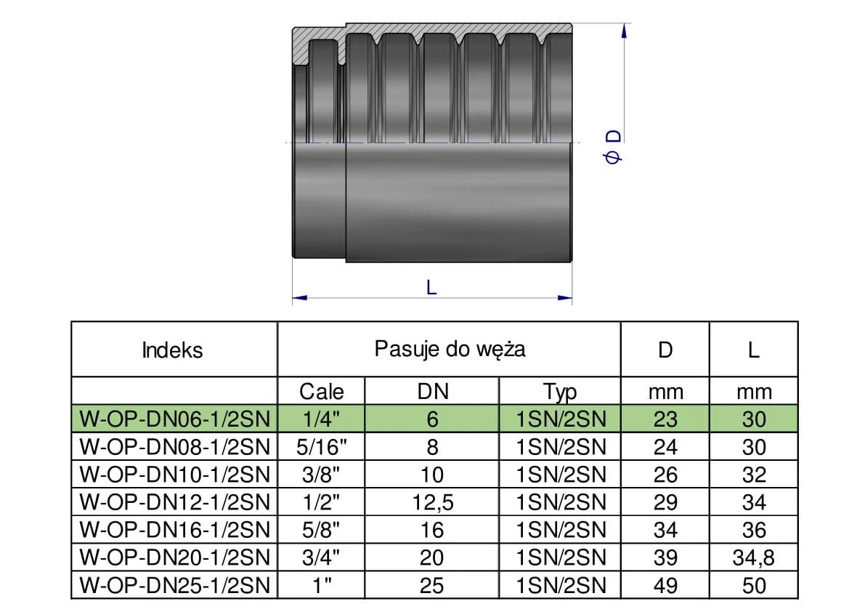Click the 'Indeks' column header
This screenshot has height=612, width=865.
(x=173, y=350)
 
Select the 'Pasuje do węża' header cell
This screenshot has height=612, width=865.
(x=450, y=349)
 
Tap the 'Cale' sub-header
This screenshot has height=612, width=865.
(x=321, y=392)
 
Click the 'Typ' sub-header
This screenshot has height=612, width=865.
(x=559, y=392)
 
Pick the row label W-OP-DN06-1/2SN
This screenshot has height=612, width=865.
(x=174, y=419)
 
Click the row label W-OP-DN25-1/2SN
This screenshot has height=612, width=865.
(x=174, y=585)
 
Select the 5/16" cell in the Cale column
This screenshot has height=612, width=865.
(x=321, y=447)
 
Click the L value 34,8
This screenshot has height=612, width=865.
(x=754, y=557)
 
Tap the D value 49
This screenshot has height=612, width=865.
(x=665, y=585)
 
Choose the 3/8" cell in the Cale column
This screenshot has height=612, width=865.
(x=321, y=475)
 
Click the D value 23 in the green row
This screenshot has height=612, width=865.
(x=665, y=419)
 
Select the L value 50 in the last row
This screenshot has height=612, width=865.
(x=754, y=585)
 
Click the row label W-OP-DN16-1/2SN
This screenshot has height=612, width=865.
(x=174, y=530)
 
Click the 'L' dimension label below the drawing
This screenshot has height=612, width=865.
(x=431, y=287)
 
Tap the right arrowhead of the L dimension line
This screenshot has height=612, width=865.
(x=566, y=297)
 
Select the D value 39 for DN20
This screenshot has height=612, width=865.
(x=665, y=557)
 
